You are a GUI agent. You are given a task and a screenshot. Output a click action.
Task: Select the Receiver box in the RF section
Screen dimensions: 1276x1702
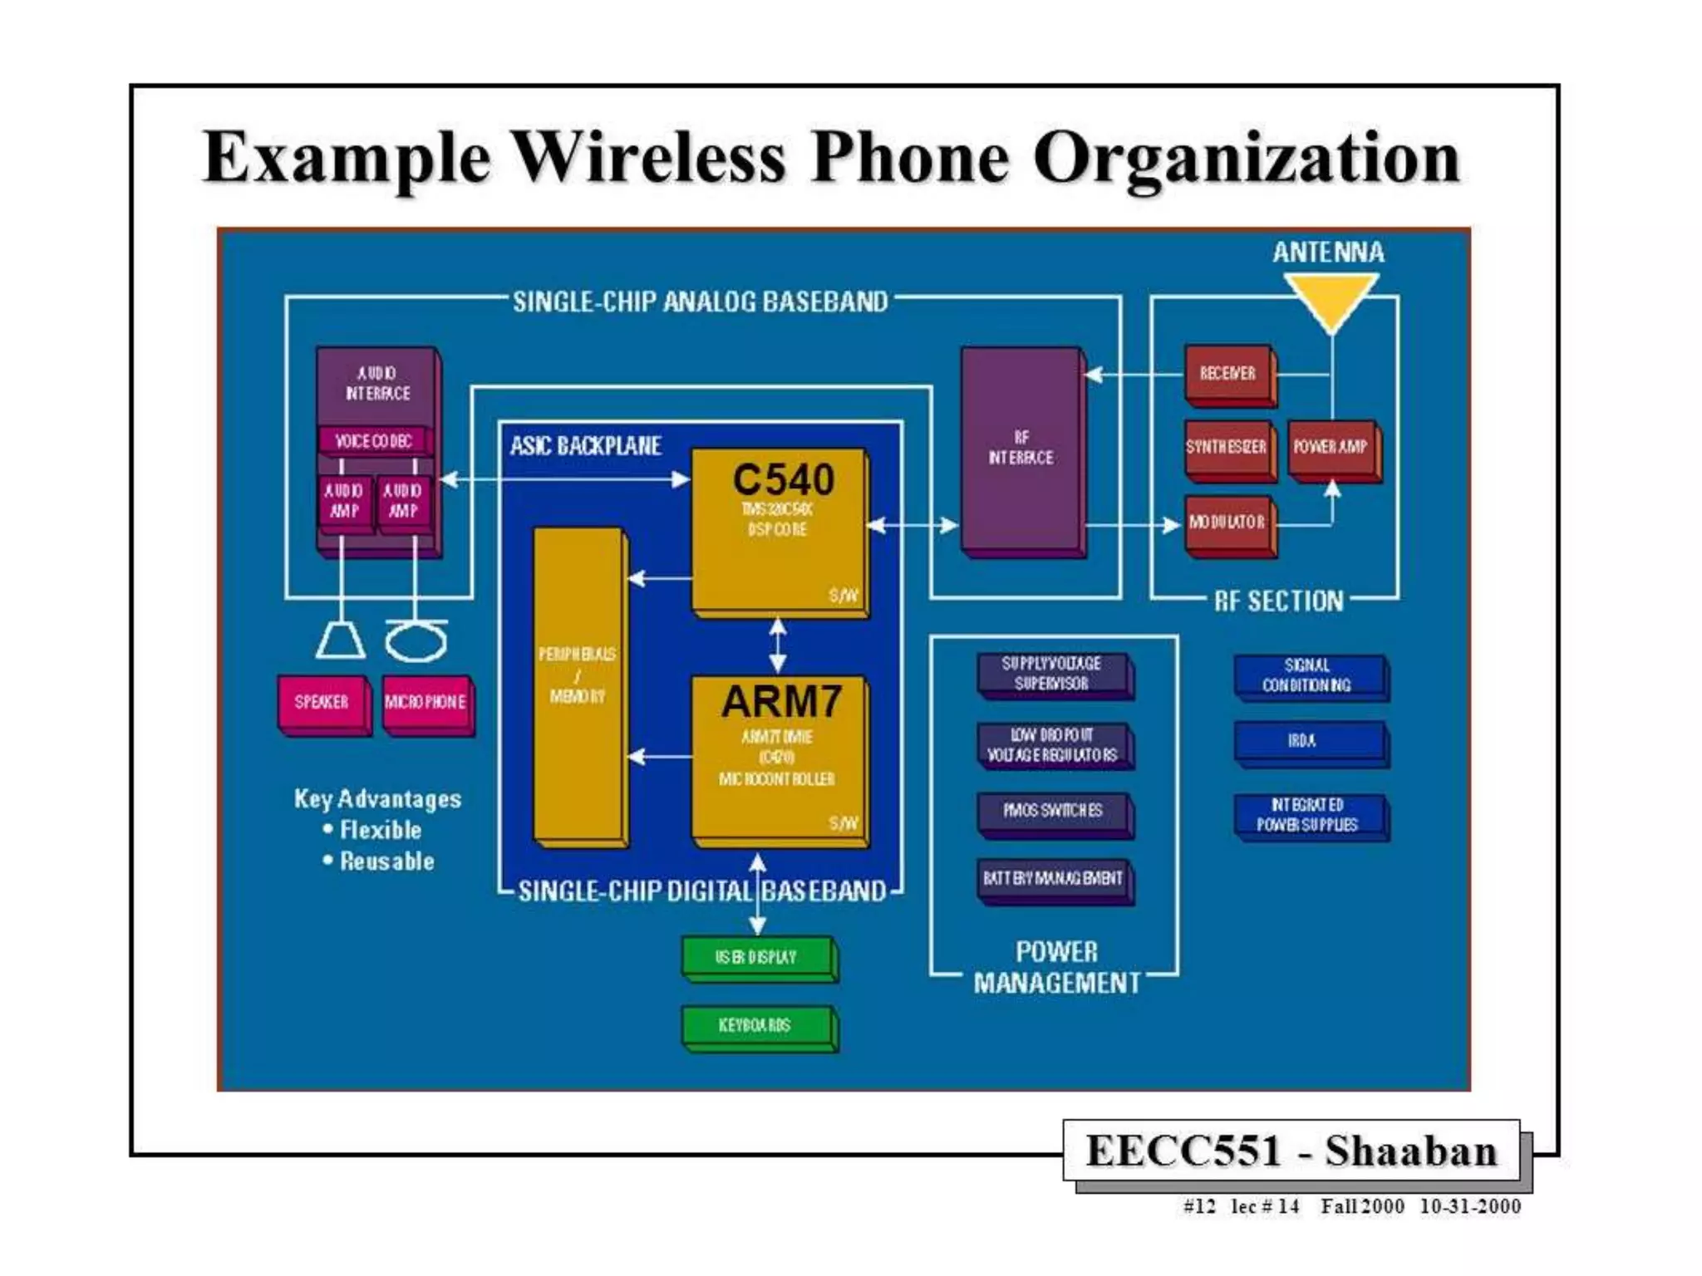(x=1227, y=374)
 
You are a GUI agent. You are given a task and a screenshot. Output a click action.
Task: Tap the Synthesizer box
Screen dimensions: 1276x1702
(x=1227, y=448)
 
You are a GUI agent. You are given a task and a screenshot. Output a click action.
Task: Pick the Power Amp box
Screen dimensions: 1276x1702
(x=1331, y=448)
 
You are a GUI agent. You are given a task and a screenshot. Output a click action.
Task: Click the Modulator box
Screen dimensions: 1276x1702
(x=1227, y=523)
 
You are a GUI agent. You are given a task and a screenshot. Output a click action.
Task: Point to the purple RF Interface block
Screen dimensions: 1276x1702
(x=1021, y=449)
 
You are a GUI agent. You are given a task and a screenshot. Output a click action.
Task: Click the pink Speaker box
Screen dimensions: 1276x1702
(x=322, y=703)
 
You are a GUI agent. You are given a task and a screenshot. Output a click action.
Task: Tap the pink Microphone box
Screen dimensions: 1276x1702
(x=425, y=703)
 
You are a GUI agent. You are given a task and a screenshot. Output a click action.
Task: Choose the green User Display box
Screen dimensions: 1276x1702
(x=756, y=957)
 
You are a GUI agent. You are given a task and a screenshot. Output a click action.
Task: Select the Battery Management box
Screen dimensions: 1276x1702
(x=1053, y=878)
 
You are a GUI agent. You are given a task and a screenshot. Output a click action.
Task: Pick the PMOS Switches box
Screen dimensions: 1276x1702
(x=1053, y=810)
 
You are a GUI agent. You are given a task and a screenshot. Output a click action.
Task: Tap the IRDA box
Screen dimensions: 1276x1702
(x=1303, y=741)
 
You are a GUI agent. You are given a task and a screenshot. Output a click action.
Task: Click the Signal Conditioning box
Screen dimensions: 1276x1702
(x=1307, y=675)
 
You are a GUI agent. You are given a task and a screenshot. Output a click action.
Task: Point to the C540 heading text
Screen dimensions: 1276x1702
(x=783, y=480)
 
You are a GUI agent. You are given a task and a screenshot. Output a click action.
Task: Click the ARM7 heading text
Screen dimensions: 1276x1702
(x=781, y=702)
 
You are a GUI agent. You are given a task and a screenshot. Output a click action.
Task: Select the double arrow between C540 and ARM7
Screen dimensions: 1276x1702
(x=778, y=646)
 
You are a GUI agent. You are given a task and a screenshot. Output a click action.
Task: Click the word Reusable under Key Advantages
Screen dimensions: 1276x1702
(x=387, y=861)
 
